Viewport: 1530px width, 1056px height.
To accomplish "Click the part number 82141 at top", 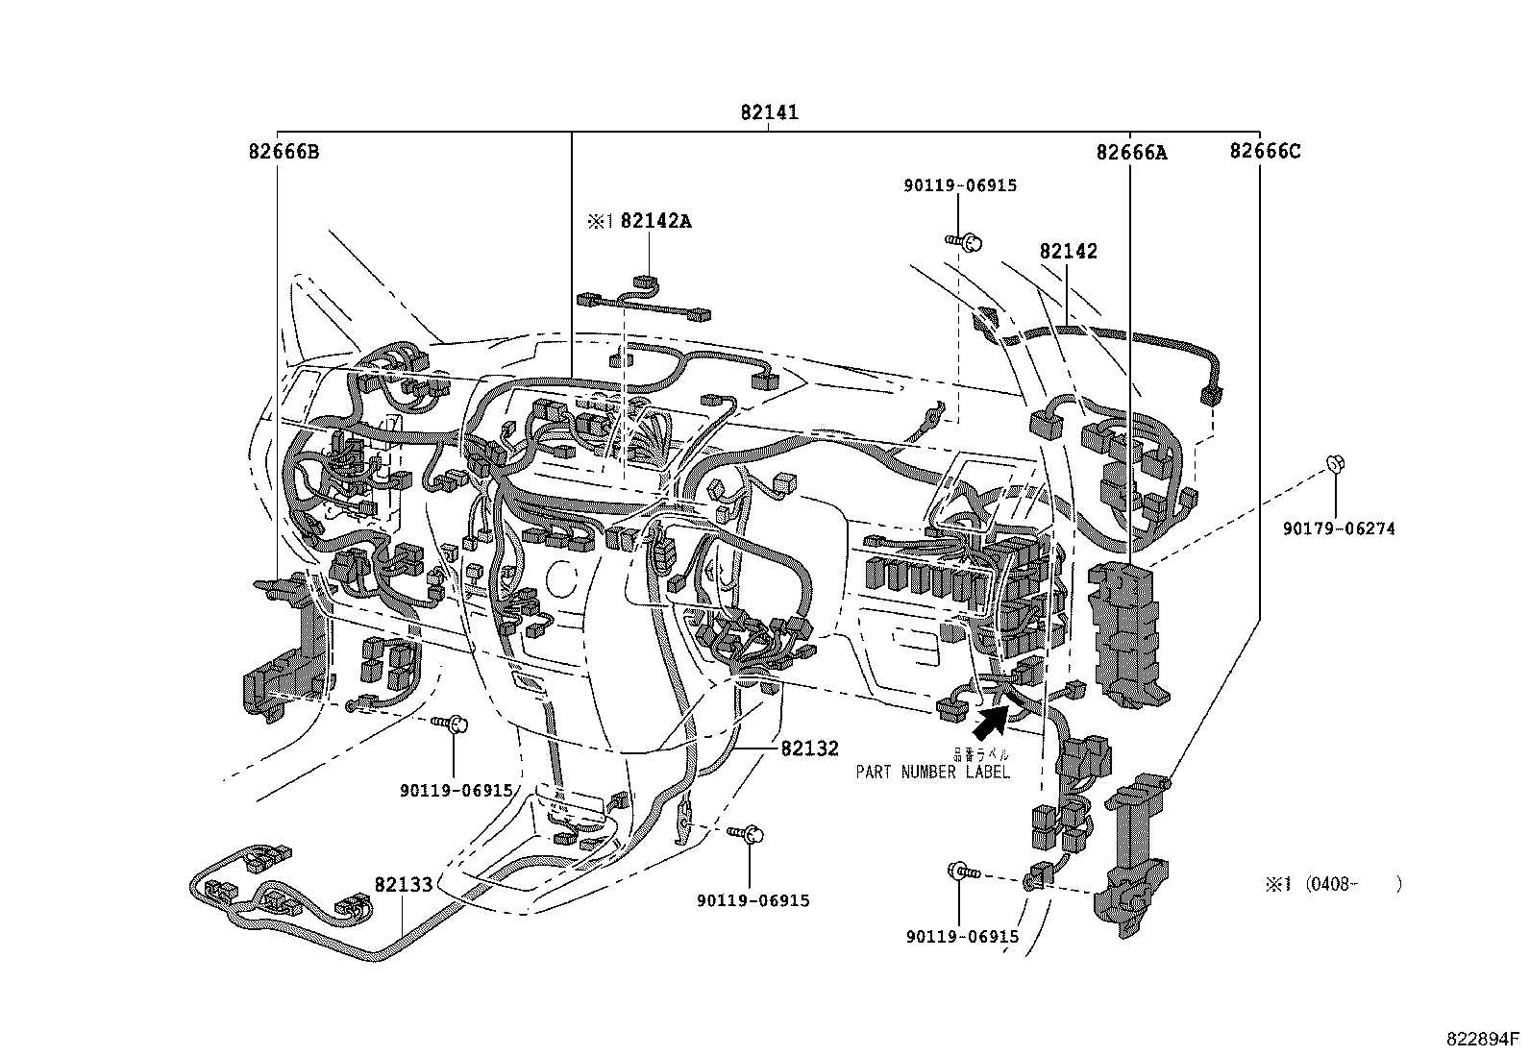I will point(769,112).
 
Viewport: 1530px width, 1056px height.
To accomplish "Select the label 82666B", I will point(284,152).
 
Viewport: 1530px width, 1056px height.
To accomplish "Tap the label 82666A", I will point(1131,152).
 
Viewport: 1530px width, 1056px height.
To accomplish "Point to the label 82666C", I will point(1266,151).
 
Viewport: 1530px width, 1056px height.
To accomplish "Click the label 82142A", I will point(655,221).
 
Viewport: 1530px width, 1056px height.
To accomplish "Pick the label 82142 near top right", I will point(1068,252).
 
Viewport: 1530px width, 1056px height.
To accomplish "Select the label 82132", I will point(809,749).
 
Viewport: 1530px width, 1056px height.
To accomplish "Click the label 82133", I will point(404,885).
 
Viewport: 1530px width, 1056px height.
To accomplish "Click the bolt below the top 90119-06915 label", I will point(964,242).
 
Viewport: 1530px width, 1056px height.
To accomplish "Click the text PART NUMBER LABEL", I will point(933,772).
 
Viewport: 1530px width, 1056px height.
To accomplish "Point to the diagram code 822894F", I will point(1484,1040).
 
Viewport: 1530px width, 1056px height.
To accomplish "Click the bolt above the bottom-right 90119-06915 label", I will point(962,872).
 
